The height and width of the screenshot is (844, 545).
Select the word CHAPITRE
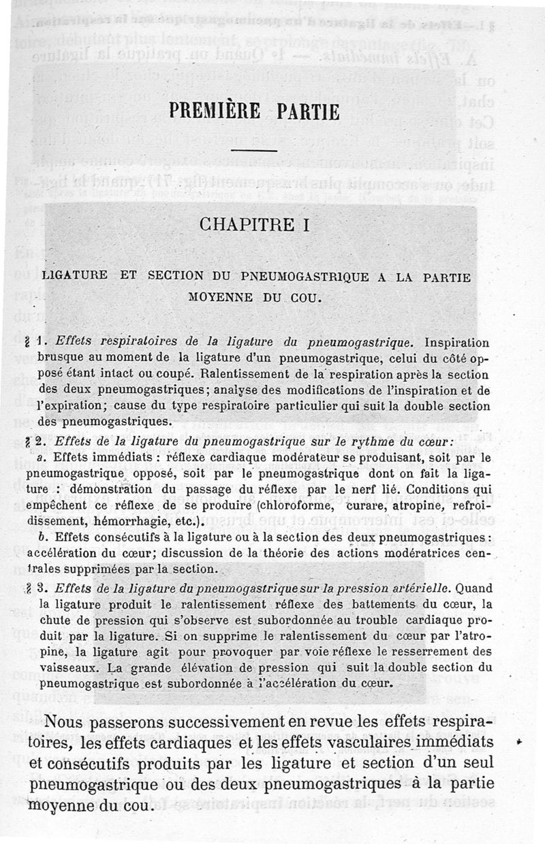[x=240, y=225]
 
